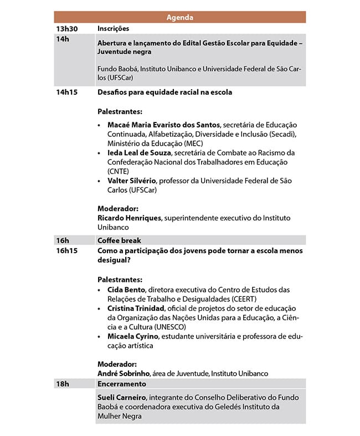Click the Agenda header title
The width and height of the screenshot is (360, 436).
[x=180, y=18]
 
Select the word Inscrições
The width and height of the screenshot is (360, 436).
[x=113, y=29]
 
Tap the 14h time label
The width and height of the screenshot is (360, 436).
[x=62, y=39]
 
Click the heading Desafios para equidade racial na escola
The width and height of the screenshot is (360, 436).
[x=164, y=92]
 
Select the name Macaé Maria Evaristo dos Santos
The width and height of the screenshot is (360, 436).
[x=163, y=125]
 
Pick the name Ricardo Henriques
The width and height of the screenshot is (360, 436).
[x=129, y=218]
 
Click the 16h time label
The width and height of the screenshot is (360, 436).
[x=62, y=240]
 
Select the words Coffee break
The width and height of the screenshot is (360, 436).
[x=119, y=240]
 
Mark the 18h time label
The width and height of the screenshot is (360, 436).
[x=62, y=383]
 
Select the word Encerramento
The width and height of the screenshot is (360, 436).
[x=122, y=383]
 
